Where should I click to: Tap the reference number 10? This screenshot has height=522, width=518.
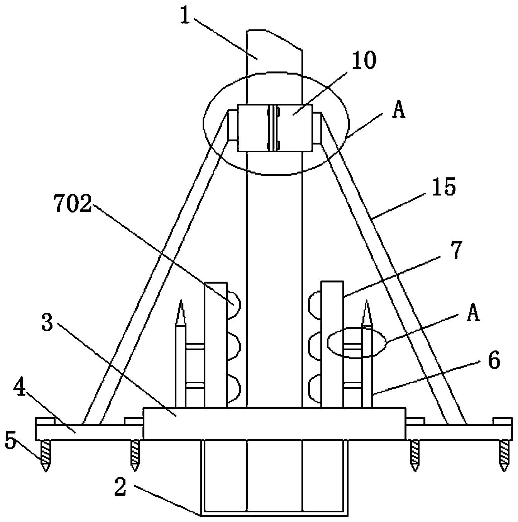click(364, 60)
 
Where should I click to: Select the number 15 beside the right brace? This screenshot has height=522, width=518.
click(443, 187)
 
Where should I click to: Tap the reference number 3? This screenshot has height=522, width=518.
click(47, 323)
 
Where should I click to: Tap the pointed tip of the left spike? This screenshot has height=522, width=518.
click(181, 300)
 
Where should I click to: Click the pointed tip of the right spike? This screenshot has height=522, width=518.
click(367, 300)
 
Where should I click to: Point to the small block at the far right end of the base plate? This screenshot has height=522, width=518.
click(503, 421)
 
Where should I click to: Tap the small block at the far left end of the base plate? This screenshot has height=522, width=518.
click(45, 421)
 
